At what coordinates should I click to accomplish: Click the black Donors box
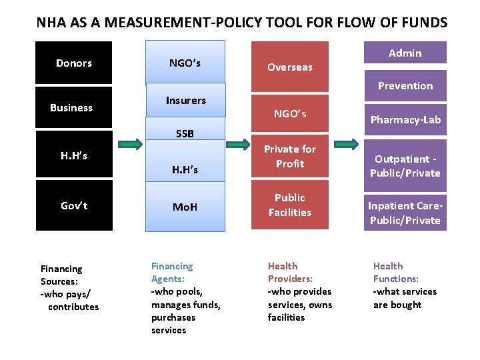[74, 63]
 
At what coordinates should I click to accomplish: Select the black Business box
[71, 108]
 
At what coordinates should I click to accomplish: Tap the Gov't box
[74, 205]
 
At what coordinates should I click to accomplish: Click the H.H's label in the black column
[74, 156]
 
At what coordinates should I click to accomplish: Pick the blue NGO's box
[185, 63]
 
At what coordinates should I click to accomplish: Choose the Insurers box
[186, 101]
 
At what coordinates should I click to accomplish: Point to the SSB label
[185, 133]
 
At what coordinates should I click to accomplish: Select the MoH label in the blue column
[185, 207]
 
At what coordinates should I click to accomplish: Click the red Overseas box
[289, 67]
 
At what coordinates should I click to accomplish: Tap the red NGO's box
[289, 114]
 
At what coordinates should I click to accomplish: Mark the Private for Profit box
[289, 157]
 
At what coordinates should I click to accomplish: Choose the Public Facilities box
[289, 205]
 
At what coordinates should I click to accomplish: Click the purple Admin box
[405, 53]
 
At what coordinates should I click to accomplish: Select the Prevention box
[405, 85]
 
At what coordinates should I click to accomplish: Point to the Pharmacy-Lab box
[405, 120]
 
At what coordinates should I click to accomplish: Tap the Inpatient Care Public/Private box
[405, 213]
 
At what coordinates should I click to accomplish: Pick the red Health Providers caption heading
[290, 273]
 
